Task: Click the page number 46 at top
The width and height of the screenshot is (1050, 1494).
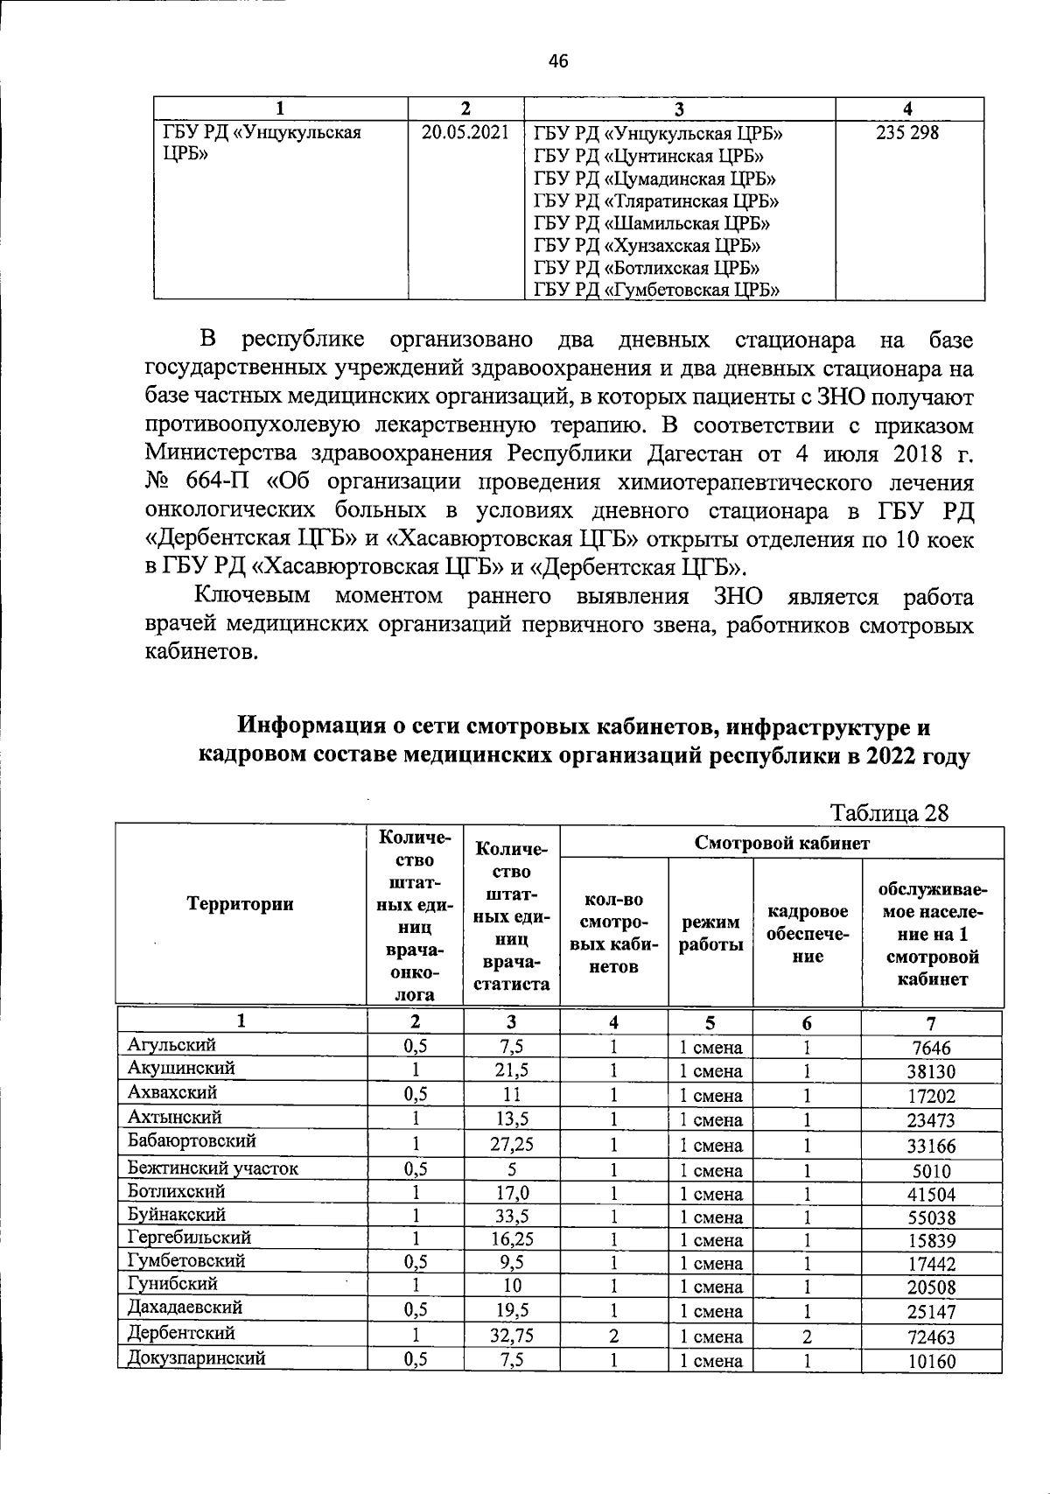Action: (557, 60)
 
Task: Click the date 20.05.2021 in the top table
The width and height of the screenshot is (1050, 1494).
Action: (465, 133)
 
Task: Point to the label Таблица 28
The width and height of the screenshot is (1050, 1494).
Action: (888, 812)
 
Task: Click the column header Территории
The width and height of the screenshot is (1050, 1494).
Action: (240, 904)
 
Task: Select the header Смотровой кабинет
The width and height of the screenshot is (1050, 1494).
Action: (781, 843)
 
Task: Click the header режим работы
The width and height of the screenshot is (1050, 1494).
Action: (710, 933)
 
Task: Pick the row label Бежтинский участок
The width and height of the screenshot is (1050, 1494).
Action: (213, 1168)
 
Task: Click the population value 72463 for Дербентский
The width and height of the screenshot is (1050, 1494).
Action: (931, 1337)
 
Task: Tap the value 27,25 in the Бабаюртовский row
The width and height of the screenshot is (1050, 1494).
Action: (512, 1144)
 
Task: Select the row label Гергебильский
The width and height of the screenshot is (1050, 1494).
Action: (189, 1238)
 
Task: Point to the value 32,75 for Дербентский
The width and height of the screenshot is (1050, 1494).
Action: (512, 1336)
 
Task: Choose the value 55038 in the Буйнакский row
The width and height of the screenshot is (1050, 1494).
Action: (931, 1217)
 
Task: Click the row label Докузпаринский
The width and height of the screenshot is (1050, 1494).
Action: (196, 1357)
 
